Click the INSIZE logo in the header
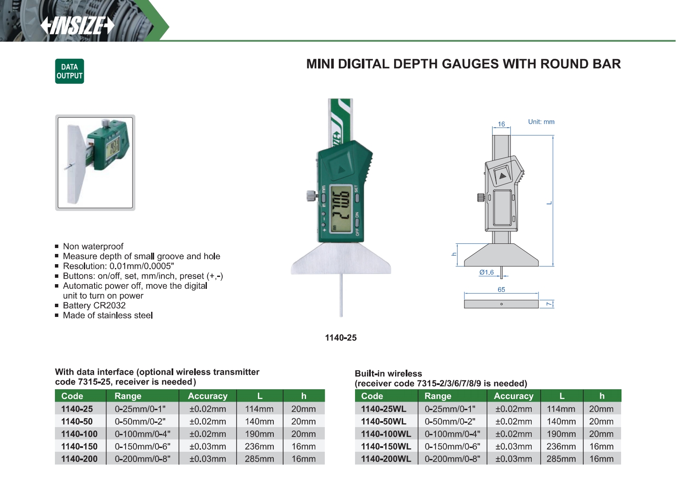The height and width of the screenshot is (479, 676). [x=77, y=26]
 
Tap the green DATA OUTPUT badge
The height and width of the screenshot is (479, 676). [x=69, y=71]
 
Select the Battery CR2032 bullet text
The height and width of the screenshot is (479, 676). [x=94, y=305]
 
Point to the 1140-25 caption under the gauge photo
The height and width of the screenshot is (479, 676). [x=341, y=338]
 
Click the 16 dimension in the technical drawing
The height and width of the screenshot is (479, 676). [x=501, y=124]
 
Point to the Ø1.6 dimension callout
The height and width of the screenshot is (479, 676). [x=486, y=272]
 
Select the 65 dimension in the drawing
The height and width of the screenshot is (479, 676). [x=501, y=290]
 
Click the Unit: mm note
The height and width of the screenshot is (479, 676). [x=541, y=122]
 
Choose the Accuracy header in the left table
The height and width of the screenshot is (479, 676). [x=207, y=396]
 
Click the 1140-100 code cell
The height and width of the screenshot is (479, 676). [x=79, y=434]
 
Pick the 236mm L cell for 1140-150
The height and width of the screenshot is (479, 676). [x=259, y=446]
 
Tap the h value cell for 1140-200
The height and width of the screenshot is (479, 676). [x=304, y=459]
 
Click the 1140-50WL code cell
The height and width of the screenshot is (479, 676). [x=384, y=422]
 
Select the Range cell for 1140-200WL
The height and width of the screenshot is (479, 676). [x=452, y=459]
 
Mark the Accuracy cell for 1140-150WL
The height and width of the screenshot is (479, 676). [x=513, y=446]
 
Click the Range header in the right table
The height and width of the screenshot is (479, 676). [x=438, y=396]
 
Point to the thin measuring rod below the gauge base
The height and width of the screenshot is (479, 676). [x=341, y=296]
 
